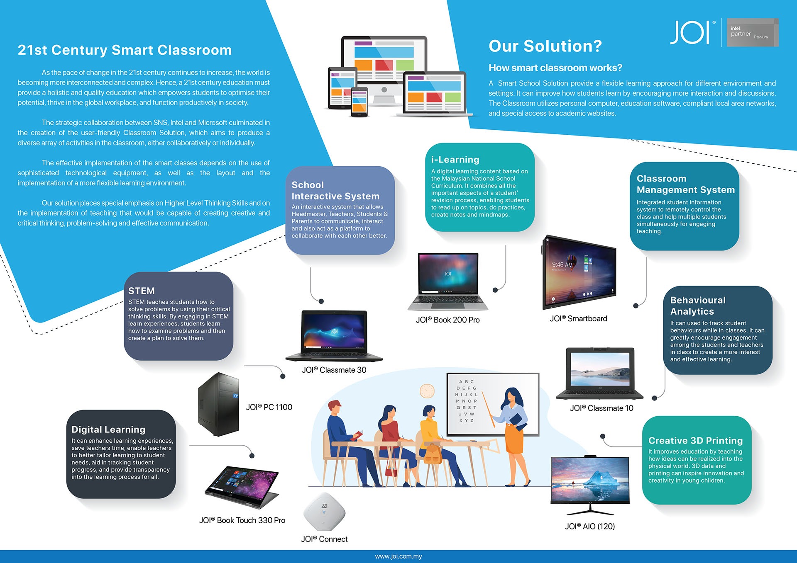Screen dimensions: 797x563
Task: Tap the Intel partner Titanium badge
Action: pyautogui.click(x=752, y=32)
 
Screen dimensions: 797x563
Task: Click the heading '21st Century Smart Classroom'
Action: pyautogui.click(x=125, y=50)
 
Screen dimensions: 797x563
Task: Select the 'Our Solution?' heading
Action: pyautogui.click(x=545, y=46)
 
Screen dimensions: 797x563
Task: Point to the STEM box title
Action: pyautogui.click(x=142, y=291)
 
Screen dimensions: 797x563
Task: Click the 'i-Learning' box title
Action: pyautogui.click(x=455, y=160)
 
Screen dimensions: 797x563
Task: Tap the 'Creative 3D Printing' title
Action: pyautogui.click(x=695, y=440)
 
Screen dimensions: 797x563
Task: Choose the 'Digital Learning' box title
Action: pyautogui.click(x=108, y=430)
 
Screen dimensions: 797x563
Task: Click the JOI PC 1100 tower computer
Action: pyautogui.click(x=218, y=404)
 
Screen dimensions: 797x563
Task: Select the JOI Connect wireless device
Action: pyautogui.click(x=324, y=512)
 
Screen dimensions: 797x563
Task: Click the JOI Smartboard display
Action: pyautogui.click(x=579, y=272)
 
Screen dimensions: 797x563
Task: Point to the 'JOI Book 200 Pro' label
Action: pyautogui.click(x=447, y=320)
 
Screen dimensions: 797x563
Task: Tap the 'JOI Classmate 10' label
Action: pyautogui.click(x=601, y=408)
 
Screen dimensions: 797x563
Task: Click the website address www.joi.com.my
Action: pyautogui.click(x=398, y=556)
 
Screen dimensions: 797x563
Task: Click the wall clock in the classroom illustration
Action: pyautogui.click(x=427, y=391)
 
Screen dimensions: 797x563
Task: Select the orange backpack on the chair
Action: pyautogui.click(x=433, y=454)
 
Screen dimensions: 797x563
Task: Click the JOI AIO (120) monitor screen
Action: pyautogui.click(x=590, y=479)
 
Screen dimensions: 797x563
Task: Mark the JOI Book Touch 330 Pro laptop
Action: pyautogui.click(x=242, y=487)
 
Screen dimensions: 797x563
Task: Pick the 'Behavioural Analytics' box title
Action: pyautogui.click(x=698, y=306)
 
